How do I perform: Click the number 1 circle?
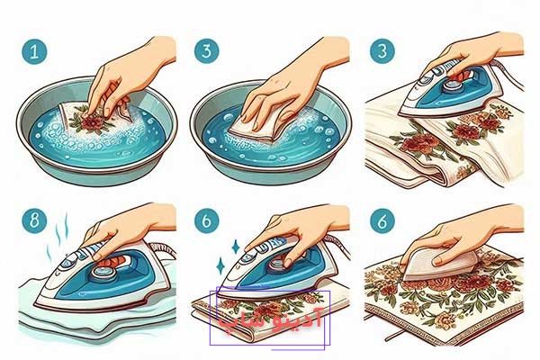coord(34,51)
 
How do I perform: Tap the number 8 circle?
coord(34,220)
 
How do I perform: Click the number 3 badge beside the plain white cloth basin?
coord(207,51)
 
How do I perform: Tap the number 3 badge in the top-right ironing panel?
coord(382,51)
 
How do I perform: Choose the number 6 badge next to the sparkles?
coord(207,220)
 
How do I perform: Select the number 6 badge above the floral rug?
coord(382,220)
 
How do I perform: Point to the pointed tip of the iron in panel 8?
coord(35,303)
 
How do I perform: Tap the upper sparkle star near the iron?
coord(236,247)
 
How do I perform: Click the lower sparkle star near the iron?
coord(220,265)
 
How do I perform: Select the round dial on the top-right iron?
coord(454,85)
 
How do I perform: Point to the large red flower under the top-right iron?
coord(418,143)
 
